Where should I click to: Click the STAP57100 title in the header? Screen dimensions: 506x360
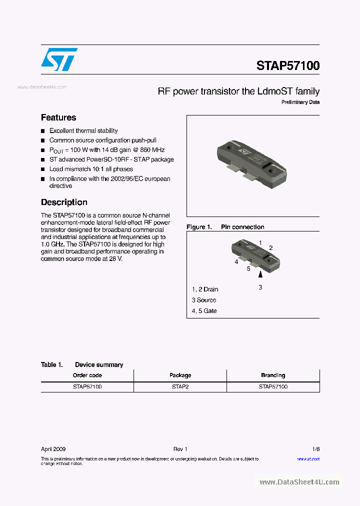[x=287, y=65]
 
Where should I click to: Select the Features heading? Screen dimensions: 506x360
[x=58, y=117]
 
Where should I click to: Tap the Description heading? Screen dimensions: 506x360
[x=64, y=202]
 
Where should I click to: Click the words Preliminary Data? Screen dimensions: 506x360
[x=300, y=102]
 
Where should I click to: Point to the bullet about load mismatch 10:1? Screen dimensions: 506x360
[x=90, y=169]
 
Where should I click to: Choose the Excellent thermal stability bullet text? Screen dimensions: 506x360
[x=83, y=130]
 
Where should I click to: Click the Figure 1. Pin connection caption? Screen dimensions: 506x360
[x=225, y=227]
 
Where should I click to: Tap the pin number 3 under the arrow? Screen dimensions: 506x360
[x=260, y=287]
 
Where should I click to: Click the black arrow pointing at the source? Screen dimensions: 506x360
[x=260, y=274]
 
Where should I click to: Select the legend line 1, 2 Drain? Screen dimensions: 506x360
[x=205, y=289]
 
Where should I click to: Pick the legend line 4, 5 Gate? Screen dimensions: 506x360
[x=204, y=311]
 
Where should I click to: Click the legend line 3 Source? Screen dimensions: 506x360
[x=204, y=300]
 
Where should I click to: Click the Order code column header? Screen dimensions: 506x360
[x=87, y=375]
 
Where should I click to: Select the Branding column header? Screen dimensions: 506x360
[x=273, y=375]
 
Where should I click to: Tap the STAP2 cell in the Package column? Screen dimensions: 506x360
[x=180, y=386]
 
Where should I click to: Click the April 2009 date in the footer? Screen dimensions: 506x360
[x=53, y=449]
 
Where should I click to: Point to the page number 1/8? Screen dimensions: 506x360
[x=316, y=449]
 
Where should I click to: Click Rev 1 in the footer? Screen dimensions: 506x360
[x=180, y=449]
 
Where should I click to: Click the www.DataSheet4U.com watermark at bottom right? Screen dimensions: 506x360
[x=299, y=482]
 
